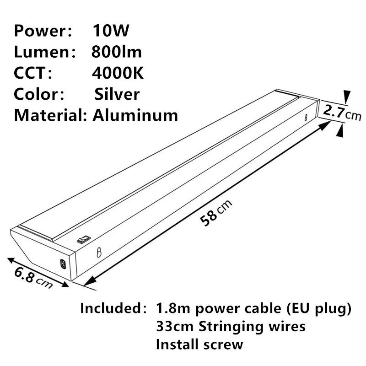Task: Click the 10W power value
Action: click(111, 31)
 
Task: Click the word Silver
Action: click(117, 94)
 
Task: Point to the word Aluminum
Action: click(135, 114)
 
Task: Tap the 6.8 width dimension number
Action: click(25, 274)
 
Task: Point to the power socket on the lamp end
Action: click(62, 264)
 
